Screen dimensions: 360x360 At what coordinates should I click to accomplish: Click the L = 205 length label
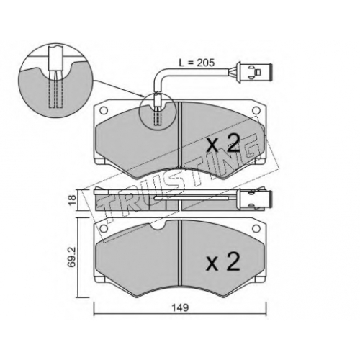click(197, 63)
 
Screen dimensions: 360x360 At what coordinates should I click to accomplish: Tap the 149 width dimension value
click(180, 307)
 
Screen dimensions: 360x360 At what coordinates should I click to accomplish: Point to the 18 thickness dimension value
click(73, 199)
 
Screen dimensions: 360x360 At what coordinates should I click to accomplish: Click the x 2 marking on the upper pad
click(223, 143)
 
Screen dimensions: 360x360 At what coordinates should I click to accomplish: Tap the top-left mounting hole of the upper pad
click(104, 110)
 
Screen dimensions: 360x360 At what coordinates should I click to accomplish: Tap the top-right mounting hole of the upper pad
click(256, 110)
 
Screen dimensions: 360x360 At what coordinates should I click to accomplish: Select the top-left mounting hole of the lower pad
click(104, 228)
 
